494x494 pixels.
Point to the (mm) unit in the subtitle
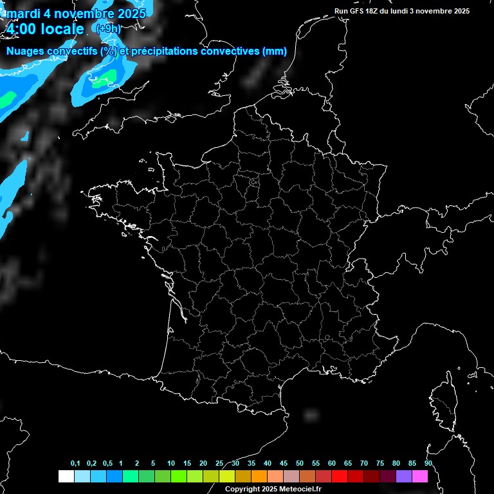(x=275, y=51)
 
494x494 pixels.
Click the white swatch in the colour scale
(x=66, y=477)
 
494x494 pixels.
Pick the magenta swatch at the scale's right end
(x=421, y=477)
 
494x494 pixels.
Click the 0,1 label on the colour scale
(x=75, y=464)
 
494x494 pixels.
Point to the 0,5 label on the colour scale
(x=107, y=464)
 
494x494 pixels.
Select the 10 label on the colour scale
(x=170, y=464)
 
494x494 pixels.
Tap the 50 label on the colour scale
(x=300, y=464)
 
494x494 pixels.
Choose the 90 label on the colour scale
(x=428, y=464)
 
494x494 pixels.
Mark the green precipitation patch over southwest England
(x=104, y=80)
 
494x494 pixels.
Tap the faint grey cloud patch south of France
(x=311, y=415)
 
